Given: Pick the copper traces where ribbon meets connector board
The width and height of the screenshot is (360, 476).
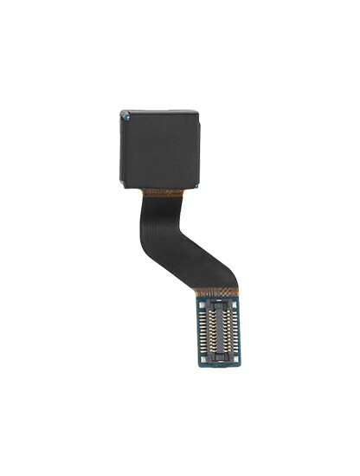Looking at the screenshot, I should pos(217,294).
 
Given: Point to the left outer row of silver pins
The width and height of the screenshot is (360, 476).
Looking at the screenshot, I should pos(201,333).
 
